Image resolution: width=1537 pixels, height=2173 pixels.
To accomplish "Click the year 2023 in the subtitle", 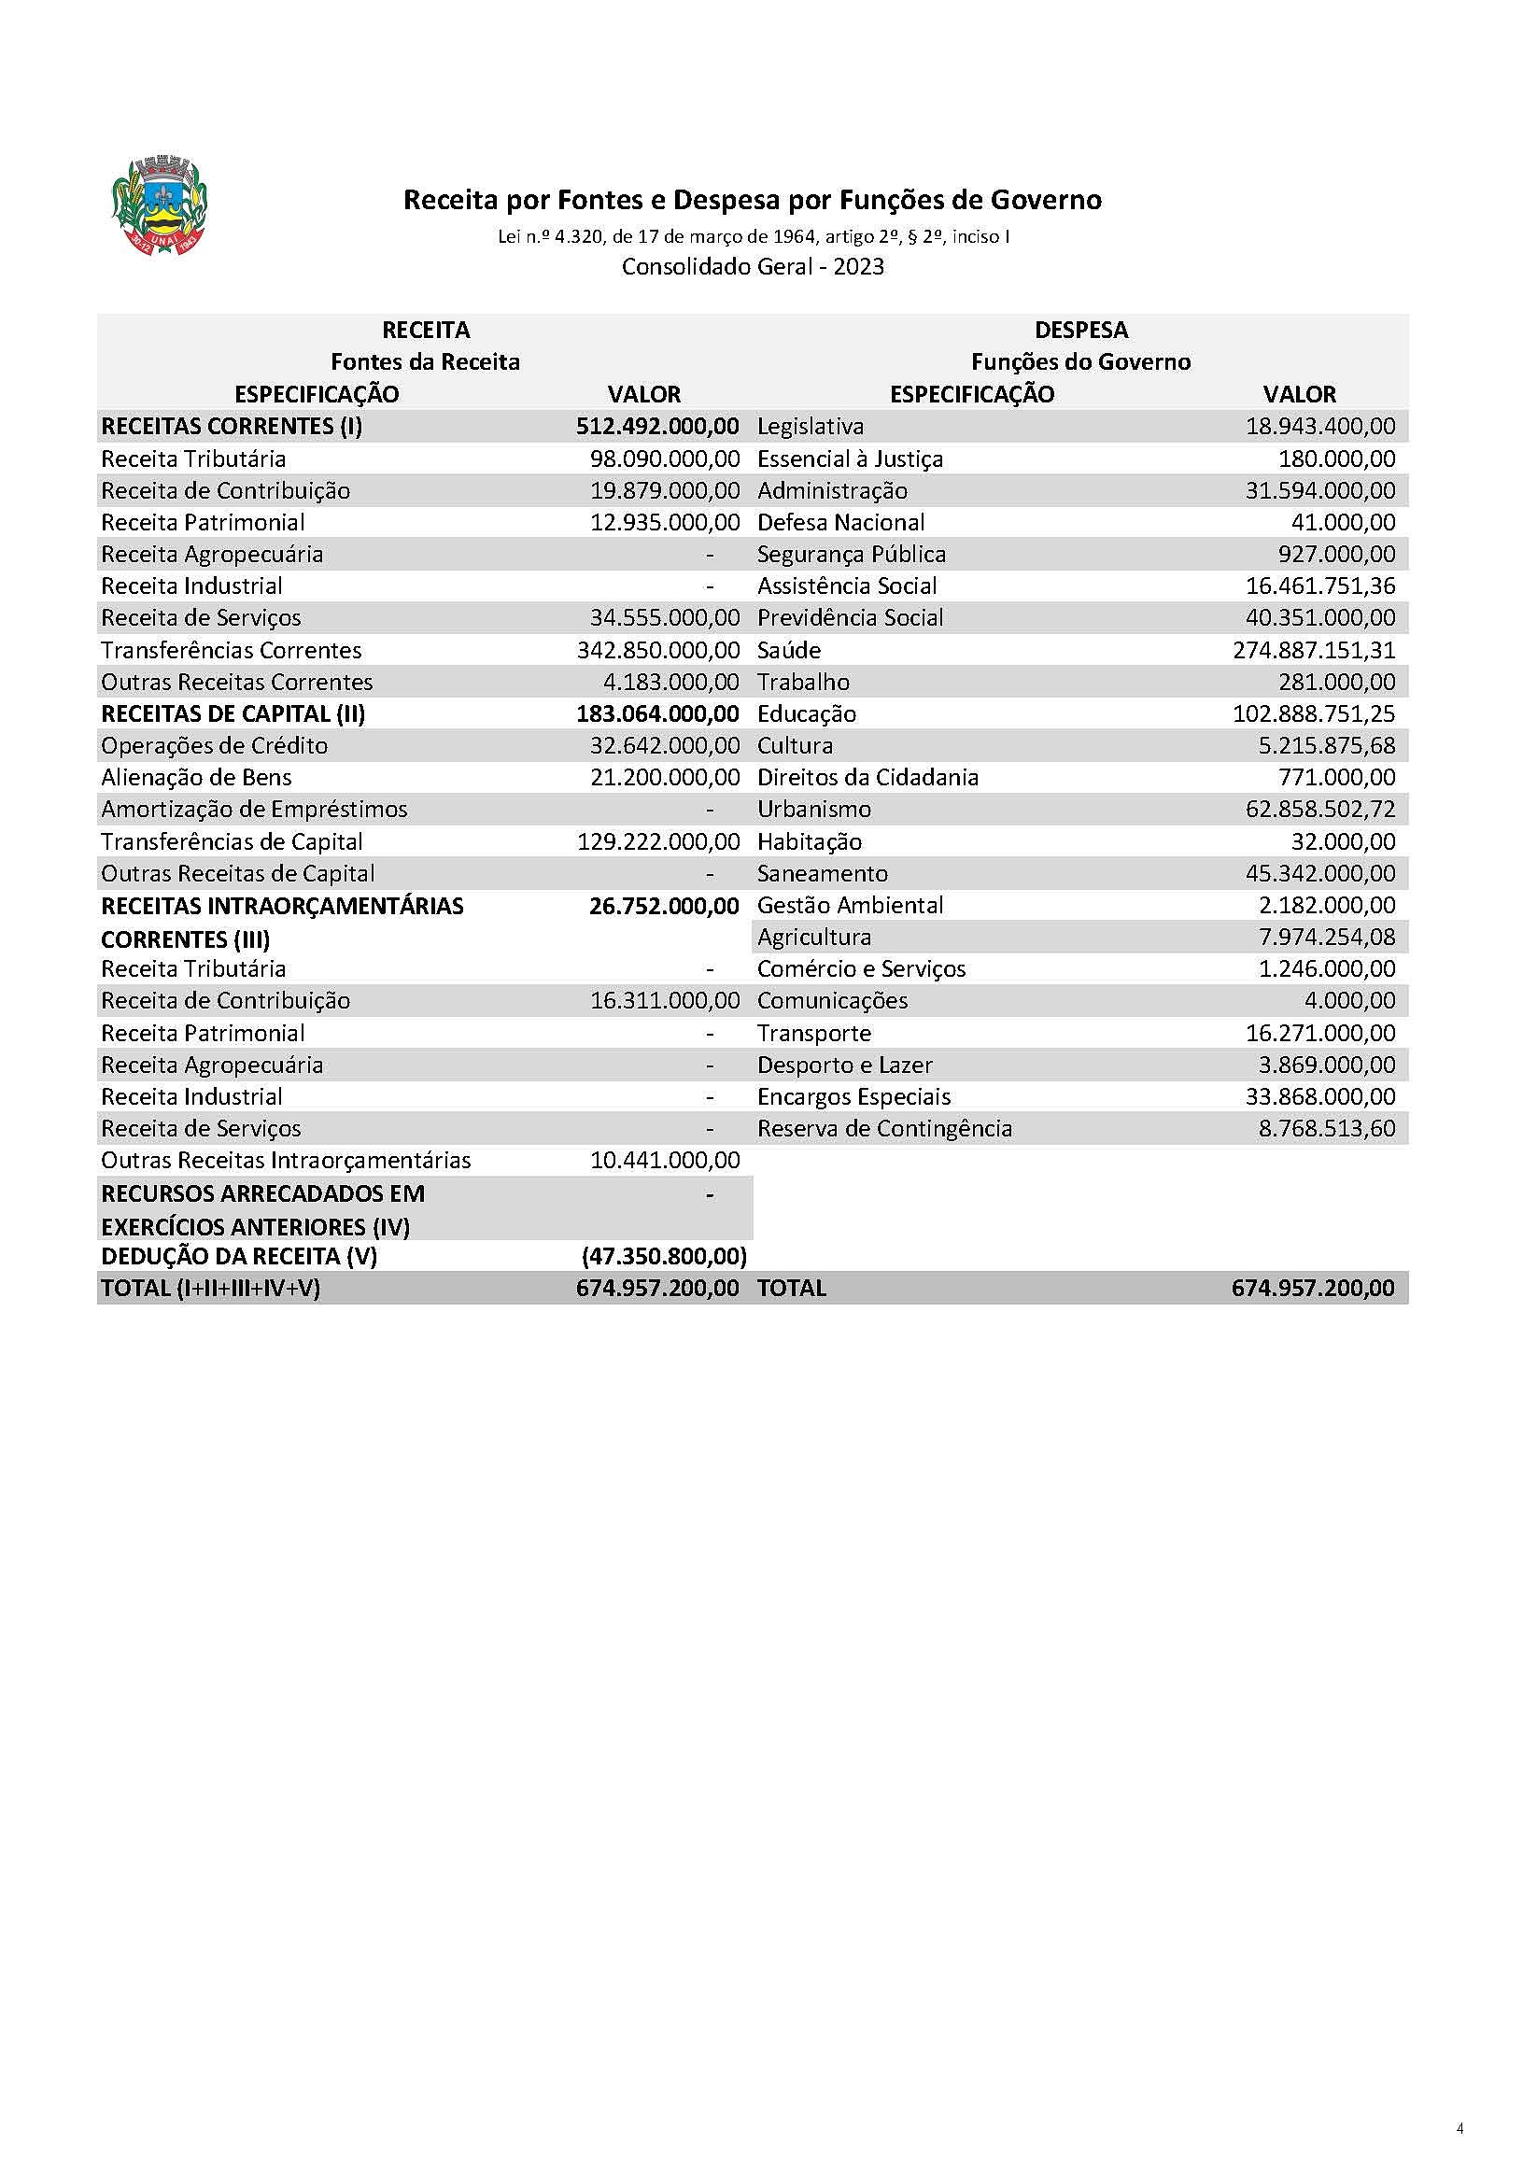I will click(x=858, y=267).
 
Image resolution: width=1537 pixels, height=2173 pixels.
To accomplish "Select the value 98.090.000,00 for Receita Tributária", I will click(x=665, y=459).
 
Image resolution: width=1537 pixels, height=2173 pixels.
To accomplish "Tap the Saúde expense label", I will click(x=788, y=650).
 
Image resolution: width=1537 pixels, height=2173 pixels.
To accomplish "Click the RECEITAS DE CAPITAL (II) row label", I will click(x=233, y=713).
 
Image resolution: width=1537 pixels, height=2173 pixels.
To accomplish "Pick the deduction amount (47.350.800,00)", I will click(x=665, y=1256).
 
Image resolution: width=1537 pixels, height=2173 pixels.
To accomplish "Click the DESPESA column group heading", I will click(x=1080, y=331).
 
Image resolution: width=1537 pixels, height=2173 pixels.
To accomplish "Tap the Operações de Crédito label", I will click(x=214, y=746).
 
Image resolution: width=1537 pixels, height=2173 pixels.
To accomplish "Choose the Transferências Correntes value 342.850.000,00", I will click(x=657, y=650).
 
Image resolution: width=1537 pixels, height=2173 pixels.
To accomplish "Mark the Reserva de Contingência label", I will click(x=884, y=1128).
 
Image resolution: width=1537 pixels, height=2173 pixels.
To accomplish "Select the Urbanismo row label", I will click(x=814, y=810).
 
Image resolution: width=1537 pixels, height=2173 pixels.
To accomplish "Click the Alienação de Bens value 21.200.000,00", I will click(x=665, y=778).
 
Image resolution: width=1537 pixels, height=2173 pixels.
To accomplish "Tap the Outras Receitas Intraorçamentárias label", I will click(x=286, y=1161).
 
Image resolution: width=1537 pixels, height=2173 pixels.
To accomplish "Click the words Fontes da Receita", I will click(x=425, y=361).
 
